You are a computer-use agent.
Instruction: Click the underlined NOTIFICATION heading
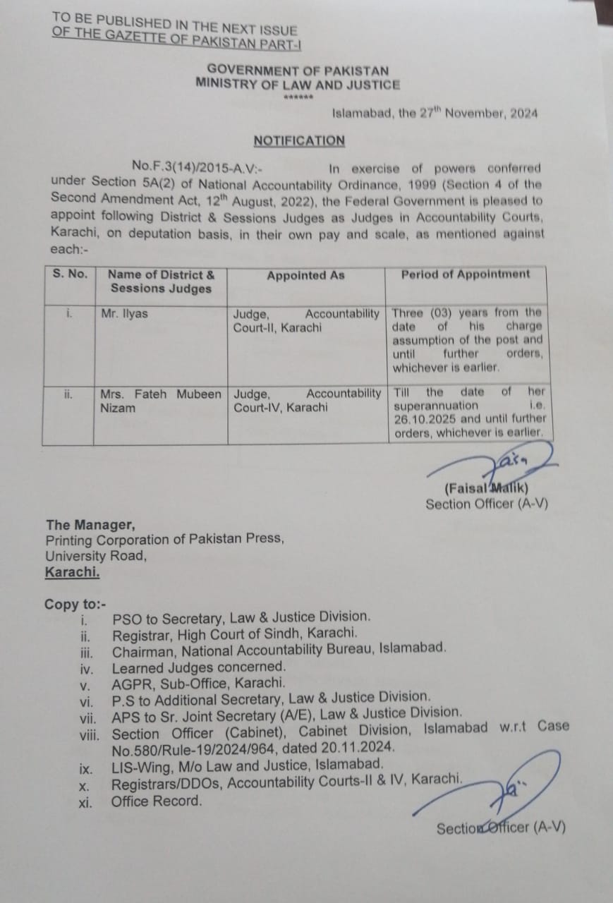click(299, 140)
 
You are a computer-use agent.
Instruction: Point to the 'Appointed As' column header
click(305, 276)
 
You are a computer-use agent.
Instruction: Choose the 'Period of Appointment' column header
click(465, 274)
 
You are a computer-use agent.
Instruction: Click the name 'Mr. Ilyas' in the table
click(124, 313)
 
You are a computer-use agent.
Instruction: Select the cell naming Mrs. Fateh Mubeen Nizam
click(161, 400)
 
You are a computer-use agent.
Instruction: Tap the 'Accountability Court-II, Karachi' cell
click(305, 320)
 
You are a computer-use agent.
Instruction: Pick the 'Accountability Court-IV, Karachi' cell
click(307, 400)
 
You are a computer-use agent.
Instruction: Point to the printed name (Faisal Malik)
click(487, 488)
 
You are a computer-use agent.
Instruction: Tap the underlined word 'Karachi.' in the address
click(73, 572)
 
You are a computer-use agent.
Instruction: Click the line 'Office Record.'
click(156, 801)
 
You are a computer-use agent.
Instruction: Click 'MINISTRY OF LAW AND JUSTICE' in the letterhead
click(298, 85)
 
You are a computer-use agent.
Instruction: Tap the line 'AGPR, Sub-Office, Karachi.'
click(198, 682)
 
